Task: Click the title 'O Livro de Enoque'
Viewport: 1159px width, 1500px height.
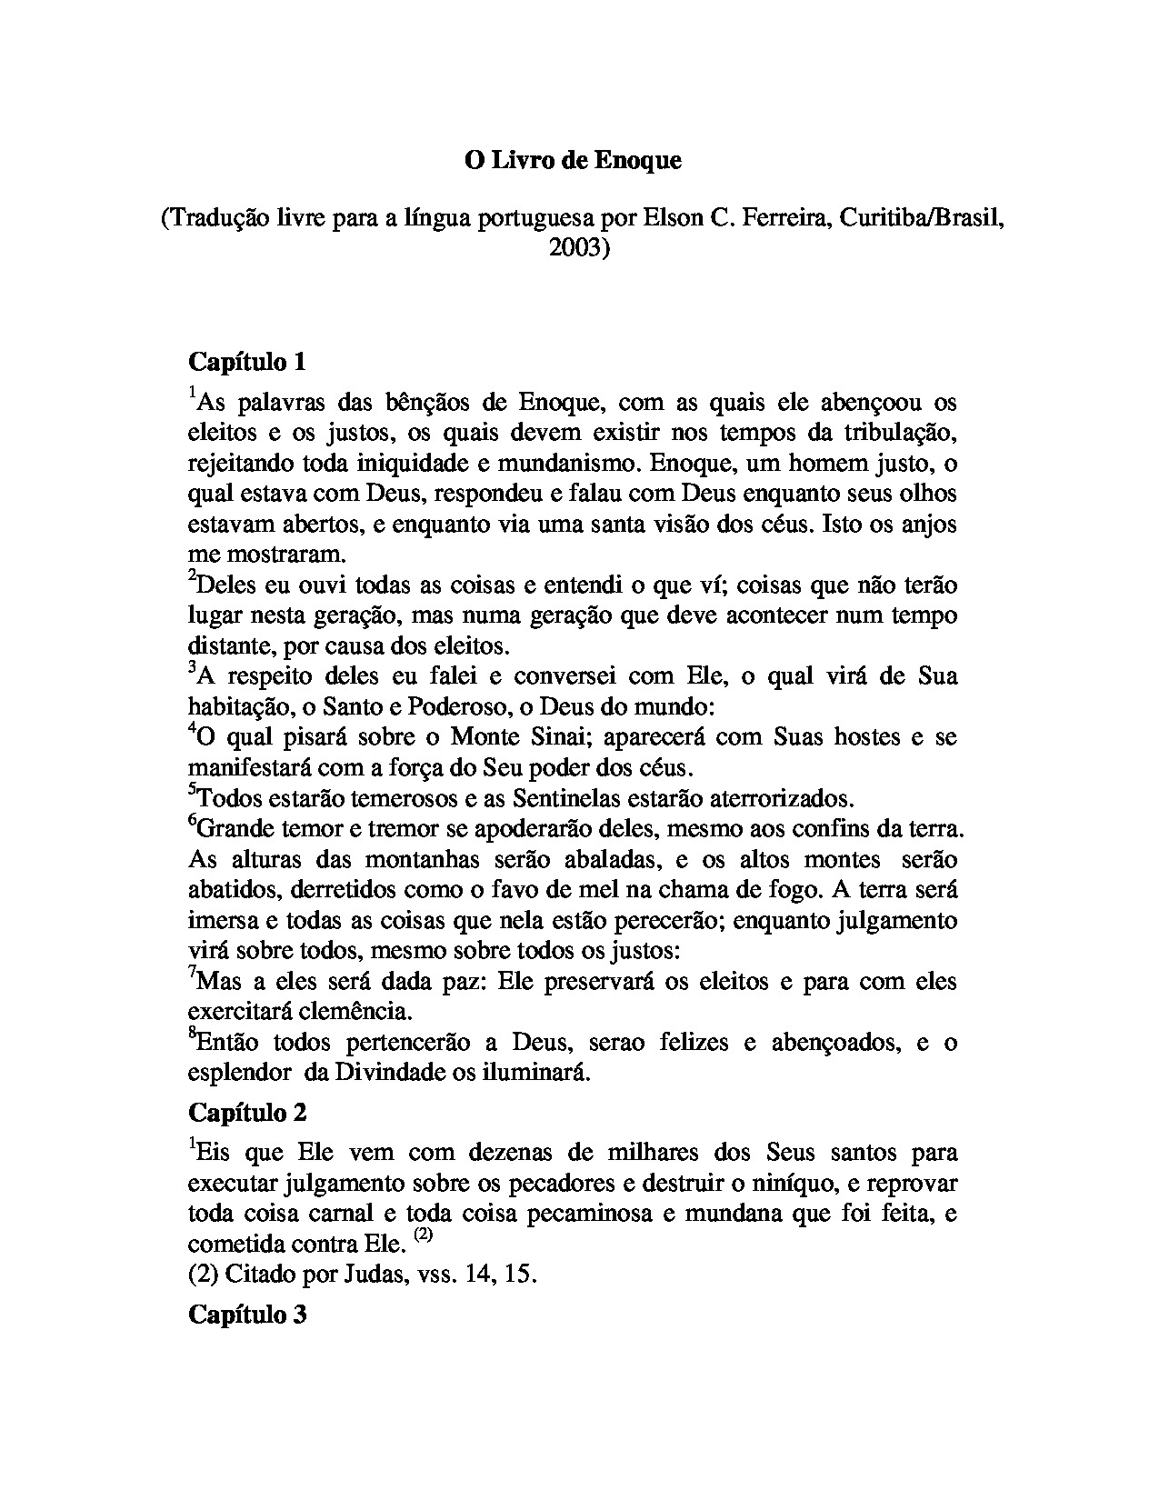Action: (x=573, y=160)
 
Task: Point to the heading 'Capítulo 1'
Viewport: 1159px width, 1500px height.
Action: (x=247, y=362)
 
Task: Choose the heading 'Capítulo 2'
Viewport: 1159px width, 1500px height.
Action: (x=247, y=1113)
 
